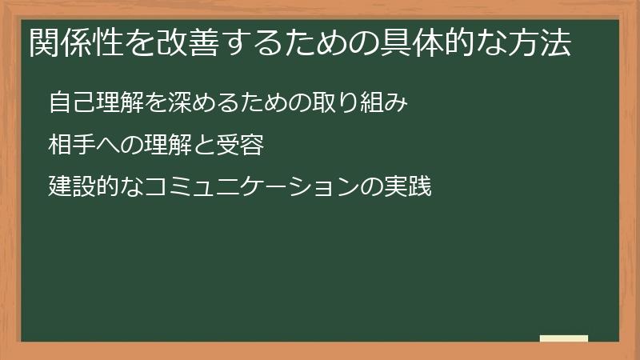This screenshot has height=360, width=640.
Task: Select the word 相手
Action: point(69,146)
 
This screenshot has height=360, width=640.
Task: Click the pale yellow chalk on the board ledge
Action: point(564,338)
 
